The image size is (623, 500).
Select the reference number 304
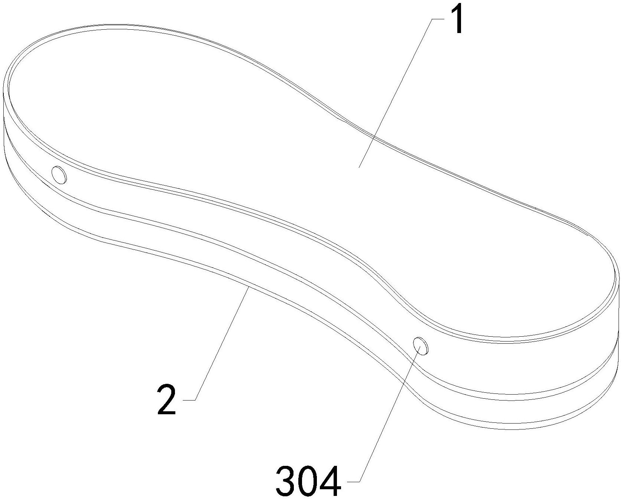[308, 482]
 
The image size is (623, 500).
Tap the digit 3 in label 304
[286, 482]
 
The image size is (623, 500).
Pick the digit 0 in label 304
[308, 482]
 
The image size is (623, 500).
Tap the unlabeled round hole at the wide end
[59, 174]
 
